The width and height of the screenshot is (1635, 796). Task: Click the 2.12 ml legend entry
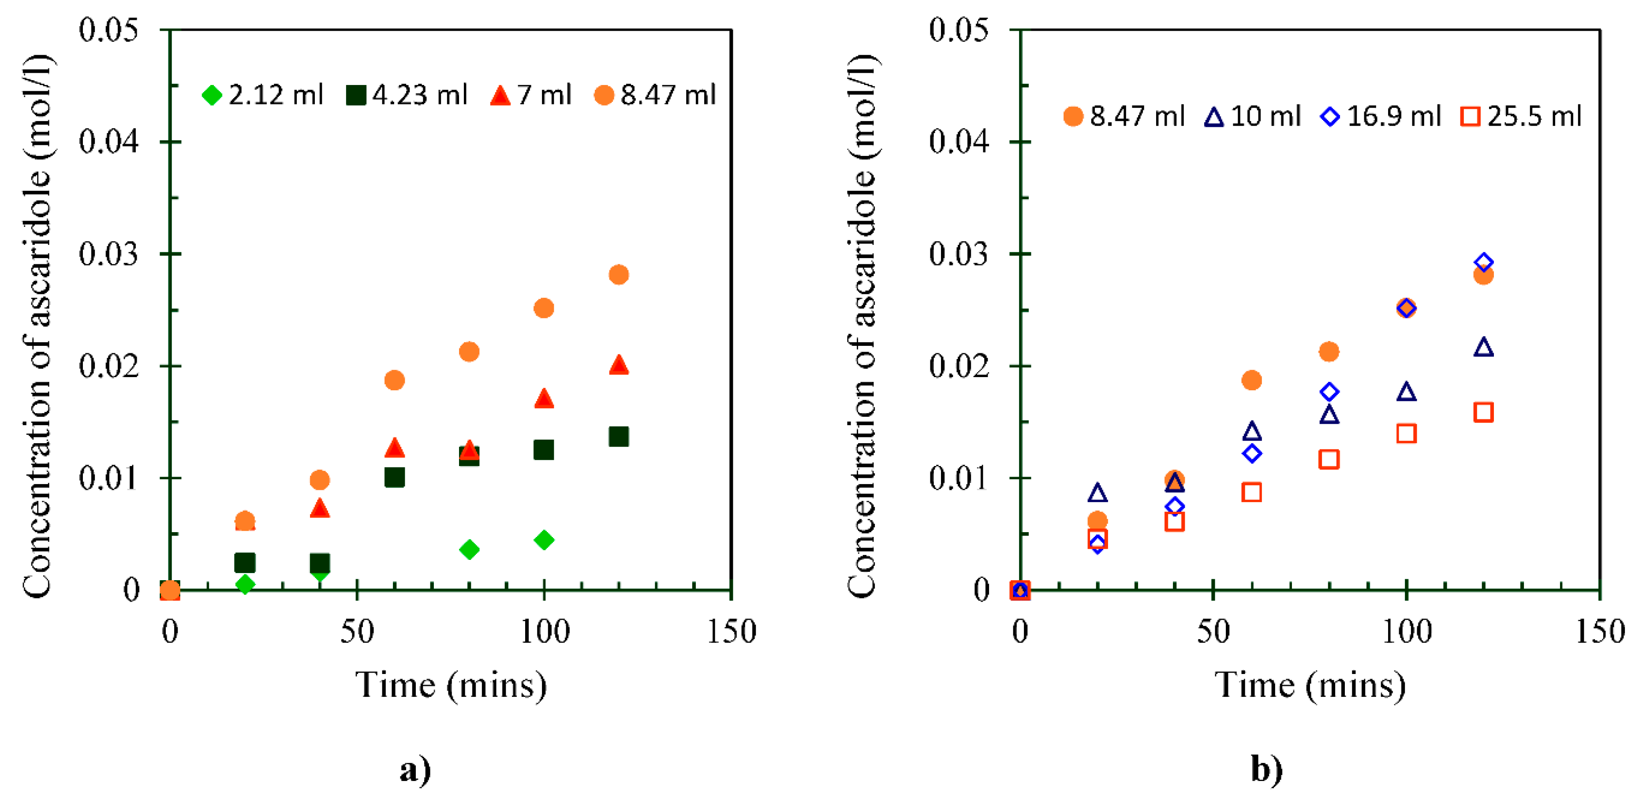[262, 95]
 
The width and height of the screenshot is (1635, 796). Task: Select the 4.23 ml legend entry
[406, 95]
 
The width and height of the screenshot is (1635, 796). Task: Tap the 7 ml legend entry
[530, 95]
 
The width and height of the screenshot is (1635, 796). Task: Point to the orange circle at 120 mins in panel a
[618, 274]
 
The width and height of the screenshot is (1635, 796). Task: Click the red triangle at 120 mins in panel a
[618, 365]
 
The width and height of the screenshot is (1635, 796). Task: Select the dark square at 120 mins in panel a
[618, 437]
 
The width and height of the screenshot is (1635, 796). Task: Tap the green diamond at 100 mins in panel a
[543, 540]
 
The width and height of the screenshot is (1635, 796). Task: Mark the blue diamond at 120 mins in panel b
[1483, 262]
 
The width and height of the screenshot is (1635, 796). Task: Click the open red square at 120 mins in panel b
[1483, 412]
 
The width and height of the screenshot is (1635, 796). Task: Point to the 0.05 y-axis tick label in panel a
[108, 30]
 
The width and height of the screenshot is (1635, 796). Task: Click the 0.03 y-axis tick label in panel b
[959, 254]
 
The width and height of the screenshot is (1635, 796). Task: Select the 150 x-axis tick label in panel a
[731, 632]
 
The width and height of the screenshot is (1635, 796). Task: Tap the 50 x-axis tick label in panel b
[1213, 632]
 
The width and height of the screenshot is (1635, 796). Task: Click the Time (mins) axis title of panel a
[451, 685]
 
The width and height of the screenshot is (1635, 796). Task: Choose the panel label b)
[1266, 770]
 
